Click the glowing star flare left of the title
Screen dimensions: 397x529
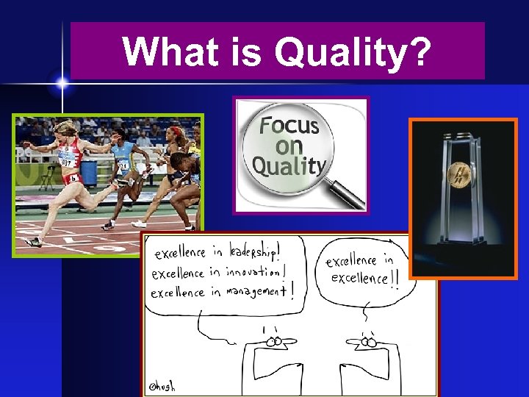(x=62, y=84)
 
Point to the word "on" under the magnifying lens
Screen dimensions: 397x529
(x=289, y=146)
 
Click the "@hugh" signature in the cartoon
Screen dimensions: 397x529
(x=163, y=385)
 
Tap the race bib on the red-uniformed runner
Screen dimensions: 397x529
(x=67, y=160)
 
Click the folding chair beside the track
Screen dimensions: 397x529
(x=48, y=176)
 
